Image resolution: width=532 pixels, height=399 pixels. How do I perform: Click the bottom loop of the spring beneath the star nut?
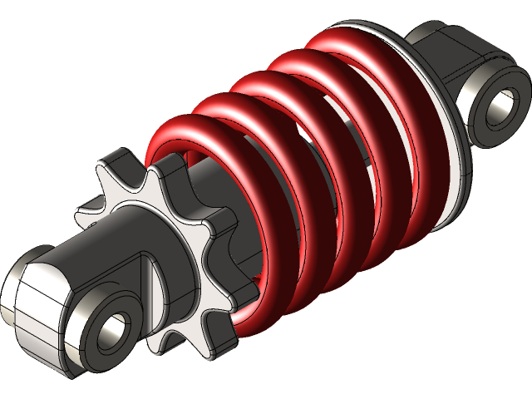(249, 312)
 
